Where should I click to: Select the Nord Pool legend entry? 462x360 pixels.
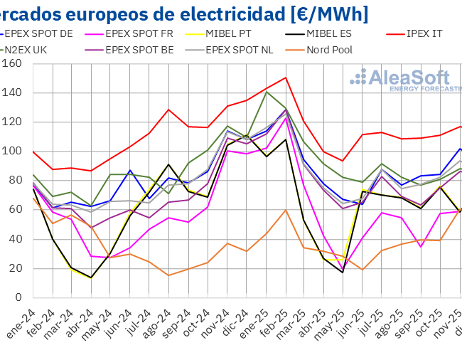click(x=328, y=50)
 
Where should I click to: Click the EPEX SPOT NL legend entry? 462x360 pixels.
click(x=237, y=50)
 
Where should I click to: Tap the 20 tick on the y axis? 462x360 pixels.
click(x=16, y=268)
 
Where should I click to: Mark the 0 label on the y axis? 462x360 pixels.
click(x=19, y=297)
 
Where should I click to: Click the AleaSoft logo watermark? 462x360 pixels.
click(x=409, y=80)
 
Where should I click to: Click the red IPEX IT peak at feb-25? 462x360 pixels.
click(x=285, y=78)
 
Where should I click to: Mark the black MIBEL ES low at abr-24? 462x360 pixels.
click(x=90, y=277)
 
